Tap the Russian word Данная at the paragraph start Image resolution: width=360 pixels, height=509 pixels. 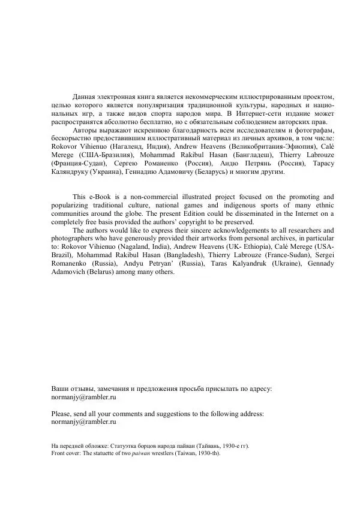(x=85, y=96)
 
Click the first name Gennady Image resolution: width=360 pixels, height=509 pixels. (x=318, y=264)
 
